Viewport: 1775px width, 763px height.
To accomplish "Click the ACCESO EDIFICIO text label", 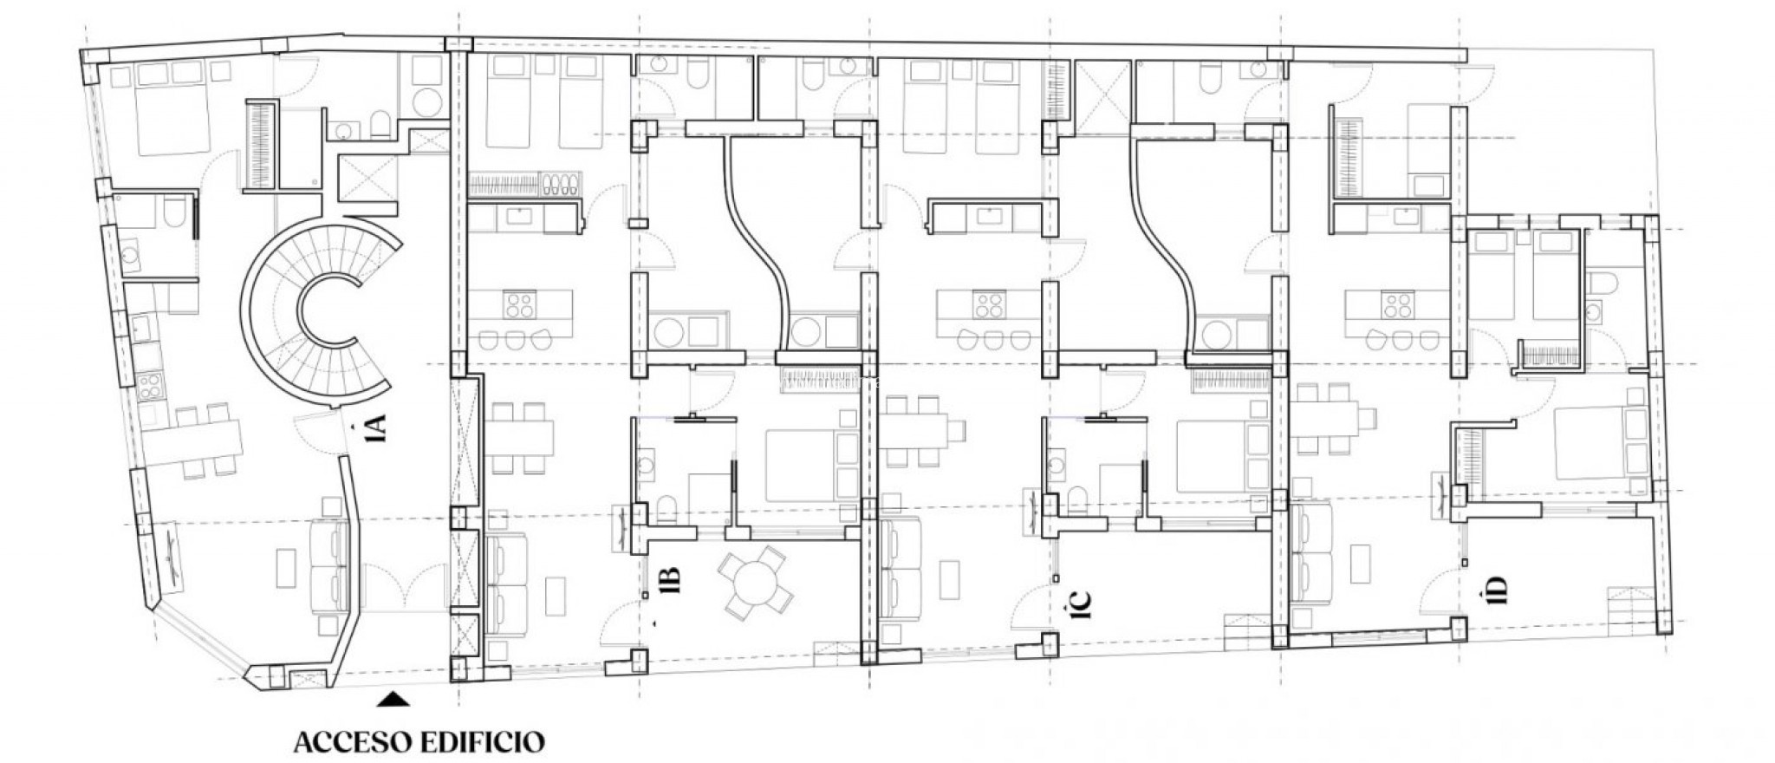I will point(419,742).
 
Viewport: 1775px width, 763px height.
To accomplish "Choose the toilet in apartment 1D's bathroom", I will point(1603,284).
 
